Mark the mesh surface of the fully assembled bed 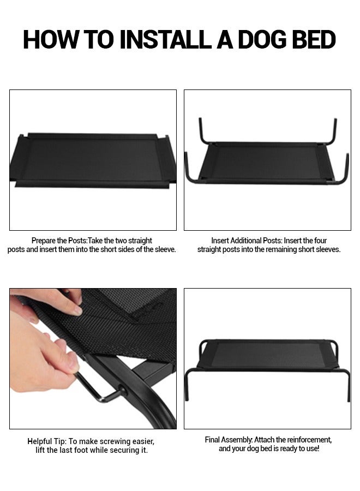267,355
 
